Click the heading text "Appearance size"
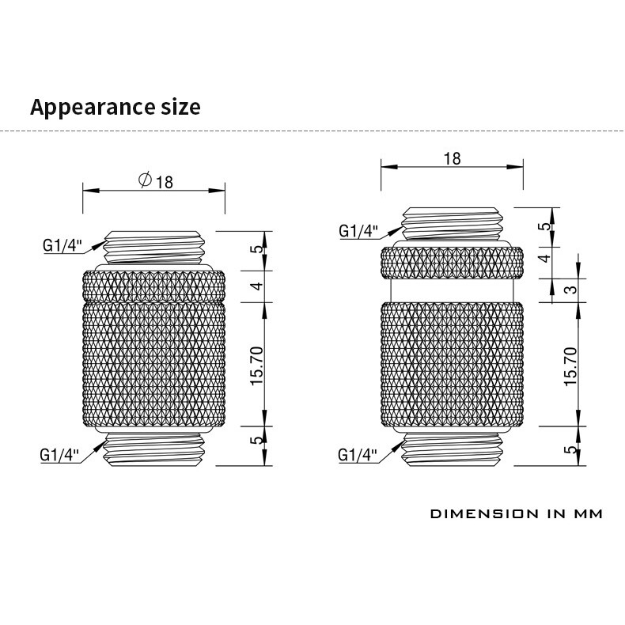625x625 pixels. pos(116,108)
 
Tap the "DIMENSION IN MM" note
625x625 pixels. pos(516,513)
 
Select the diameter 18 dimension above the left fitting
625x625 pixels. pos(155,181)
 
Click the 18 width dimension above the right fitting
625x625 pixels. pos(452,158)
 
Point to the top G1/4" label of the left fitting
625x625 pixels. pos(62,245)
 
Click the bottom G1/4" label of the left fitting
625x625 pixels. pos(59,455)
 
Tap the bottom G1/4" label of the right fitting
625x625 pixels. pos(358,455)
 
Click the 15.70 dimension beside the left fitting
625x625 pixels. pos(256,366)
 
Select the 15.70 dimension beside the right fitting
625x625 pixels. pos(570,366)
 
